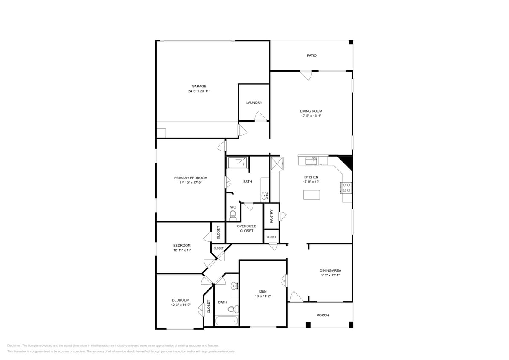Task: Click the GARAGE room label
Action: pos(199,86)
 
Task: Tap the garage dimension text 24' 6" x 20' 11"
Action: pos(199,91)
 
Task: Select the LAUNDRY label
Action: pos(254,103)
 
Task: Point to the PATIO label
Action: pos(311,55)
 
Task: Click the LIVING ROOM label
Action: pos(311,111)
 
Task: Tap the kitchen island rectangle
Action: pos(311,195)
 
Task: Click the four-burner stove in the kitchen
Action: pos(346,188)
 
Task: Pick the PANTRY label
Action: pos(271,216)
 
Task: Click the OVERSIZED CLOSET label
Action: pos(247,228)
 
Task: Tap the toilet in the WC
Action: pos(233,215)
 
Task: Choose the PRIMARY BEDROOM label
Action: pos(190,178)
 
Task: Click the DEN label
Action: pos(262,291)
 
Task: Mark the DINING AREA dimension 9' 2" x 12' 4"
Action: pos(330,276)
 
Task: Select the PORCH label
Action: pos(323,316)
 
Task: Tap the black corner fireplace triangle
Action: pos(346,161)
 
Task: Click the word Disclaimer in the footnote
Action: pos(14,345)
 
